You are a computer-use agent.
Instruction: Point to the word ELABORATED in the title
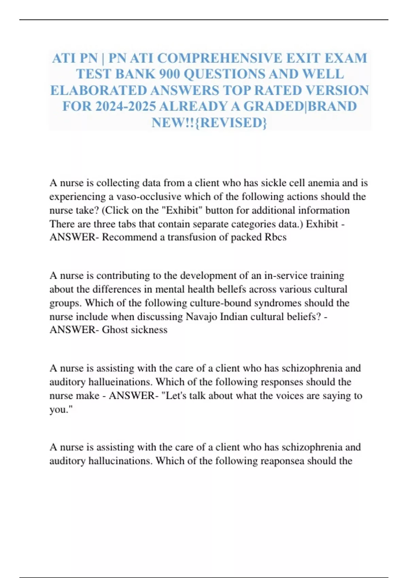(x=99, y=90)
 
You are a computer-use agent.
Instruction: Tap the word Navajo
(x=201, y=317)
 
